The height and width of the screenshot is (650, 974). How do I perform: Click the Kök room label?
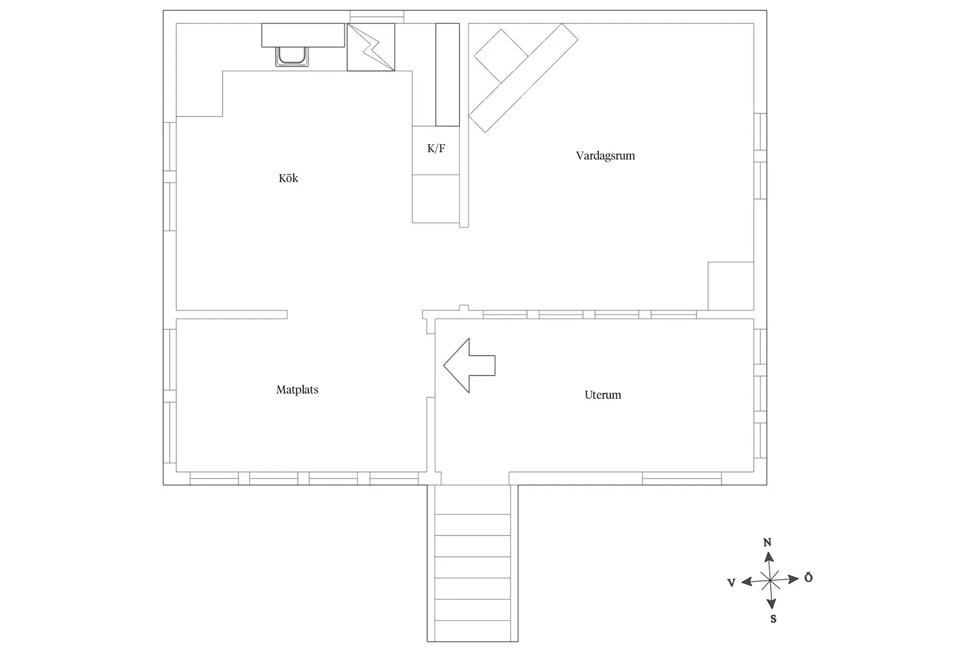tap(288, 178)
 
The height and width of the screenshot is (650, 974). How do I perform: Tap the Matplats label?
tap(298, 389)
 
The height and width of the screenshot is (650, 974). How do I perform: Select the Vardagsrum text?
tap(605, 155)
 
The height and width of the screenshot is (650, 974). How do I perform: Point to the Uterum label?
tap(603, 395)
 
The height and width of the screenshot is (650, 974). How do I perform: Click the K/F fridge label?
tap(436, 148)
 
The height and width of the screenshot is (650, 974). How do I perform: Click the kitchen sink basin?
tap(292, 57)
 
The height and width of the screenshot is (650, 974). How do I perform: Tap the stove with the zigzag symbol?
tap(371, 47)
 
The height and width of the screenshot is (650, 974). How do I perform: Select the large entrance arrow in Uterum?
tap(469, 366)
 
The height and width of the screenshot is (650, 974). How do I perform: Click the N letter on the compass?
tap(767, 542)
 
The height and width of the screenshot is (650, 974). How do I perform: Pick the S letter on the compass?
tap(773, 619)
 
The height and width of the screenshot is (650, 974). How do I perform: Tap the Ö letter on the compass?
tap(808, 578)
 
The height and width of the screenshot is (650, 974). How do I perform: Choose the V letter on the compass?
tap(731, 583)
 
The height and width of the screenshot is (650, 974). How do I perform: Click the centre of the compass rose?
tap(770, 580)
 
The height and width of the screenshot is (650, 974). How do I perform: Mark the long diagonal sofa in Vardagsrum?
tap(523, 78)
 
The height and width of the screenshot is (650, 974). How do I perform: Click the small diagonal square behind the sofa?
tap(501, 56)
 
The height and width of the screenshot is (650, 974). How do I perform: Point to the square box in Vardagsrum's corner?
tap(731, 286)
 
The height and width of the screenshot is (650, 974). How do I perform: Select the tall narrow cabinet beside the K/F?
tap(447, 75)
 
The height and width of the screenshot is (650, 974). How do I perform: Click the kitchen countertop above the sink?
tap(303, 35)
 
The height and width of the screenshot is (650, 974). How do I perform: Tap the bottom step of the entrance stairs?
tap(473, 631)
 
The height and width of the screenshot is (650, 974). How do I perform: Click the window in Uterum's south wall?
tap(682, 479)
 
